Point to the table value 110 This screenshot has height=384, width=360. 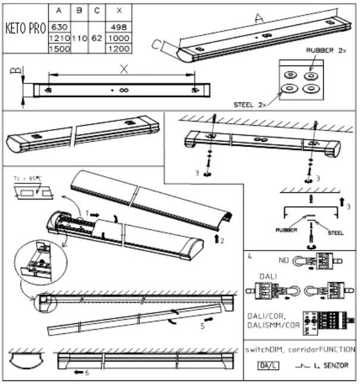pyautogui.click(x=79, y=38)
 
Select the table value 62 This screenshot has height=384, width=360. pyautogui.click(x=96, y=38)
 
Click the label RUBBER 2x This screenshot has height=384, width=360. pyautogui.click(x=325, y=51)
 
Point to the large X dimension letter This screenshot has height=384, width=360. pyautogui.click(x=124, y=69)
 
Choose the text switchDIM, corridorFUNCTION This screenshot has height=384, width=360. pyautogui.click(x=300, y=349)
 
